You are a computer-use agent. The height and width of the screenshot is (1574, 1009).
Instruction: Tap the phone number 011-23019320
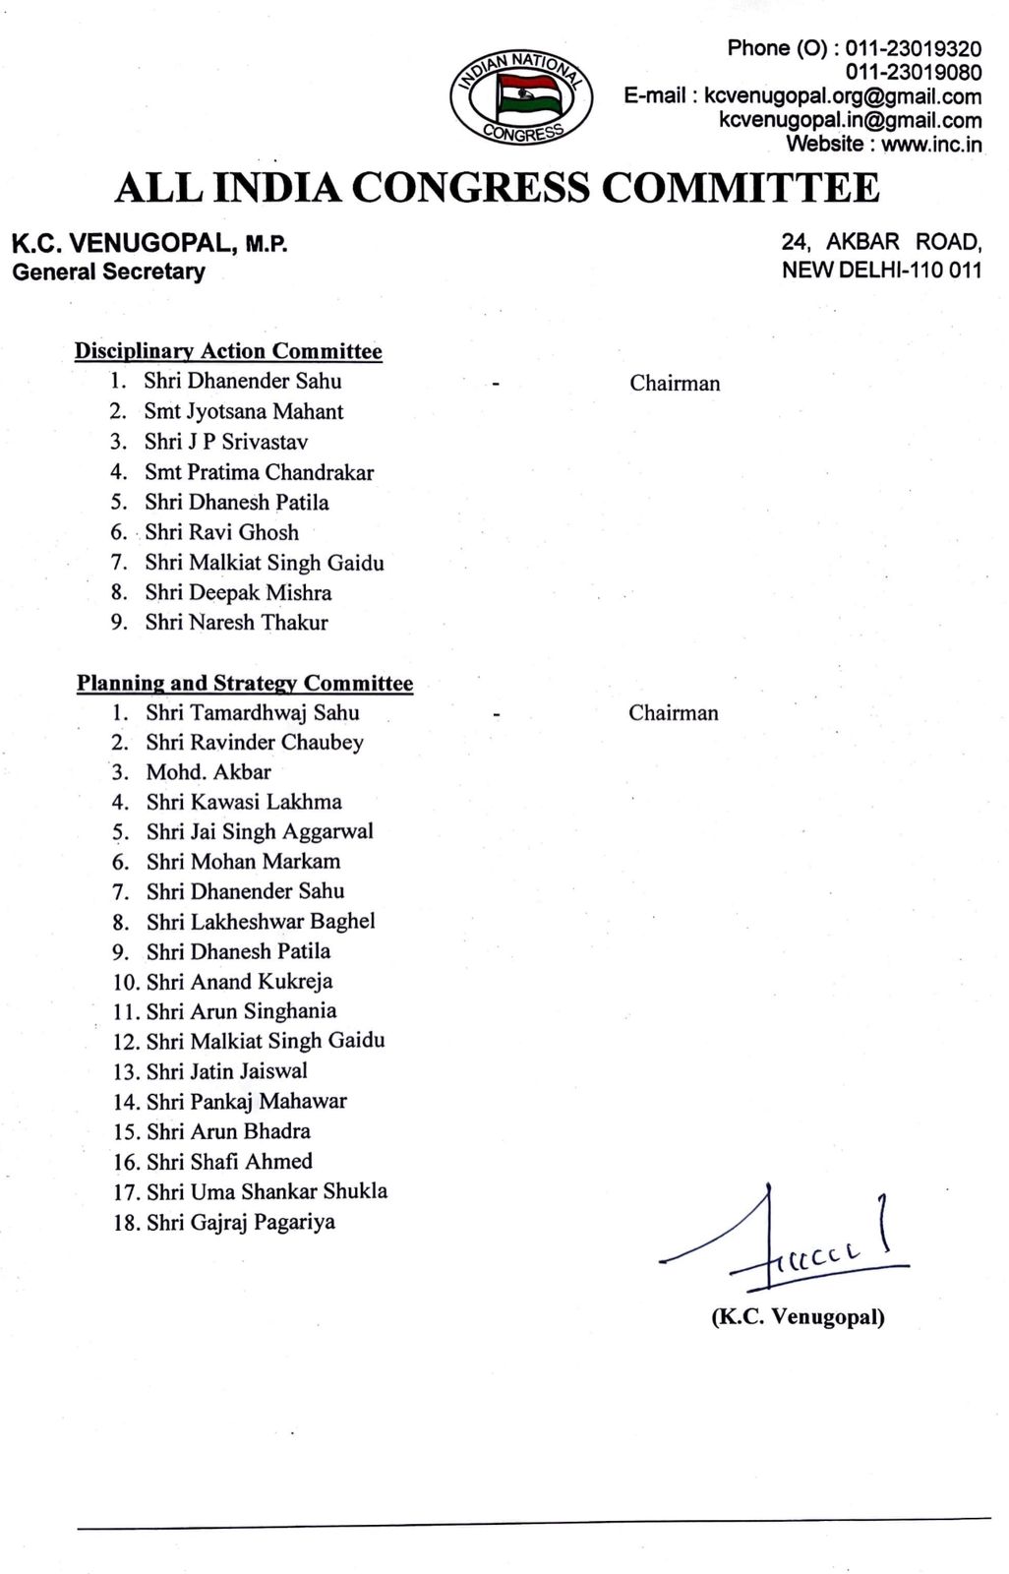point(913,48)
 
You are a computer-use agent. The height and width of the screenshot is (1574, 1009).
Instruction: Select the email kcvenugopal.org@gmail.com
point(843,96)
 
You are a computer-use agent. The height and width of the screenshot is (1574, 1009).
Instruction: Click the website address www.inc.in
point(930,144)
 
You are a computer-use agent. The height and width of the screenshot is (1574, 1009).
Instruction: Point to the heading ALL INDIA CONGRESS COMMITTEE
point(497,187)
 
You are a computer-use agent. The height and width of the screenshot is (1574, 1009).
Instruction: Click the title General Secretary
point(108,272)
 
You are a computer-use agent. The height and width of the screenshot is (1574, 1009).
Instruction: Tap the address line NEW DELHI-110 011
point(881,270)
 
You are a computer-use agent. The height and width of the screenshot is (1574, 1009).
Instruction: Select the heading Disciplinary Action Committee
point(228,351)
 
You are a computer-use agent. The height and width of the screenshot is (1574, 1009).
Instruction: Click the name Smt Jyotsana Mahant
point(243,411)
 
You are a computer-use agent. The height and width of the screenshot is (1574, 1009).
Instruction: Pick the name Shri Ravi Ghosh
point(221,532)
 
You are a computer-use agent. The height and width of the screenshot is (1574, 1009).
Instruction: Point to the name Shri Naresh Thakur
point(236,623)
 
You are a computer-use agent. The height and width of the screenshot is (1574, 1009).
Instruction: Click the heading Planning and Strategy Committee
point(245,683)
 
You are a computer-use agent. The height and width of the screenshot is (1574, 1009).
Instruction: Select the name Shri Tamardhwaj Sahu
point(252,712)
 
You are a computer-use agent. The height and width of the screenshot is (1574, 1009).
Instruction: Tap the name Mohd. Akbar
point(208,772)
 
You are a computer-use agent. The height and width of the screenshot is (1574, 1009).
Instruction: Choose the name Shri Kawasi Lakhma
point(244,802)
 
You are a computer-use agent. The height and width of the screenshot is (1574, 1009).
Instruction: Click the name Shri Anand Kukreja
point(239,981)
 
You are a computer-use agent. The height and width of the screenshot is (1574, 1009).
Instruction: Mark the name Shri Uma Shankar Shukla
point(267,1191)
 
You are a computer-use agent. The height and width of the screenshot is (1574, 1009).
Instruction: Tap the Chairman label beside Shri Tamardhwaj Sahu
point(674,713)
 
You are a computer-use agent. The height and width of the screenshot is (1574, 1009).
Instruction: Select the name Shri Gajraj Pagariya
point(240,1223)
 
